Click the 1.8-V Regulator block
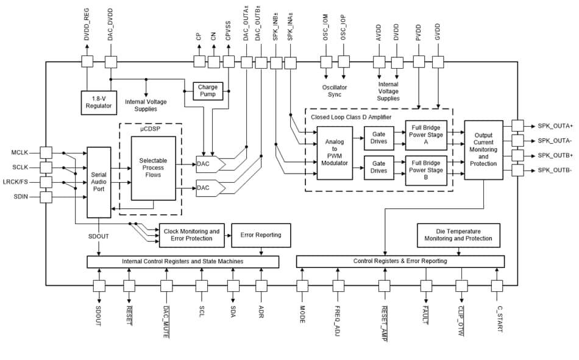click(x=99, y=102)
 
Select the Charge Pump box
click(x=208, y=91)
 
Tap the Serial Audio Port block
click(x=99, y=182)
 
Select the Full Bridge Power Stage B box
click(x=426, y=166)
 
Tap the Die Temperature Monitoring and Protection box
click(x=458, y=235)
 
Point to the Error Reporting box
click(x=261, y=235)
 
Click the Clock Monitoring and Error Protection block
click(x=191, y=235)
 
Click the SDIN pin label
click(x=24, y=197)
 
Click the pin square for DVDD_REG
click(x=87, y=62)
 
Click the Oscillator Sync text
click(x=335, y=91)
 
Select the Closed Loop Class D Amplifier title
click(x=351, y=116)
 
